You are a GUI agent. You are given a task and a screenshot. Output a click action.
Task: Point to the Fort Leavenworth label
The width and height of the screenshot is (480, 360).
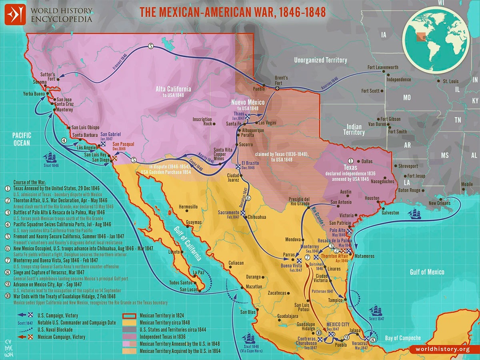point(383,67)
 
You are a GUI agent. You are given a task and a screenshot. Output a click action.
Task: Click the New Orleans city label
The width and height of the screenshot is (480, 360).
point(439,203)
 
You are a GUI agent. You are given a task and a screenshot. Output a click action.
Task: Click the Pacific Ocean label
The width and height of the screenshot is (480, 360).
point(21,139)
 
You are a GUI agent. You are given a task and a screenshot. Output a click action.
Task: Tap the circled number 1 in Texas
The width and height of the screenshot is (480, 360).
point(351,160)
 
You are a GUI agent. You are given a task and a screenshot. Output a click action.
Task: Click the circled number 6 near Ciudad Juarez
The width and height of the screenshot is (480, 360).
point(248,198)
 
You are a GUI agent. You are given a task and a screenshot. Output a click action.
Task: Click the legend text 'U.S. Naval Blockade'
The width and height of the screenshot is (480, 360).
point(56,330)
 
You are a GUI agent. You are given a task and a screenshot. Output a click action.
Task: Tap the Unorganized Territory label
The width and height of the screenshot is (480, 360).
point(320,60)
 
